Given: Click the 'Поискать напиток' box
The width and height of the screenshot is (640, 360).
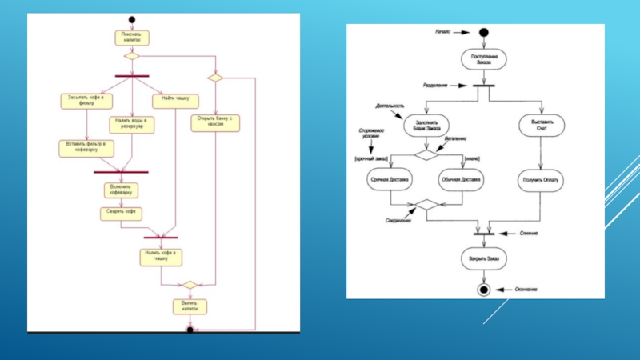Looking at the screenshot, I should pos(131,37).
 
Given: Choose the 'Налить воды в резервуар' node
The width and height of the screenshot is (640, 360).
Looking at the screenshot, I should pos(132,123).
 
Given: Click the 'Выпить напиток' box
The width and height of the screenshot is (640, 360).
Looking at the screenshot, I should pos(190,306).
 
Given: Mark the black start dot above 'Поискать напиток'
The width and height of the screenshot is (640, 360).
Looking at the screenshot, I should pos(131,18).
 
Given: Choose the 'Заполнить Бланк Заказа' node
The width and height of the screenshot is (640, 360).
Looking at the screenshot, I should pos(426,126).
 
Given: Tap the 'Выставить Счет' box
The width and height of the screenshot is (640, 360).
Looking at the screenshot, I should pos(541,126).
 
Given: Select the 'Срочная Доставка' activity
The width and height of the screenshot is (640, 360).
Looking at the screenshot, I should pos(390,180).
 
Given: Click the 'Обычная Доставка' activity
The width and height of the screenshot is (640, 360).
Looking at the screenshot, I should pos(461,180).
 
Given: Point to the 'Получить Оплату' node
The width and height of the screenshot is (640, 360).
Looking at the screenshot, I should pos(541,180).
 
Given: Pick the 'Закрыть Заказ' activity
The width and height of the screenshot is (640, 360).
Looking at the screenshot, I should pos(482,258).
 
